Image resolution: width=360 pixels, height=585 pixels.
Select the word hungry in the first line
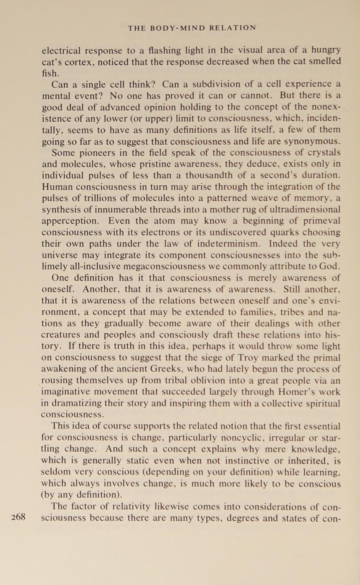tap(326, 50)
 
